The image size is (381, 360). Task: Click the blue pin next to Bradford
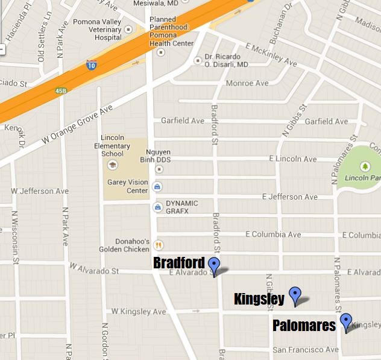coord(214,265)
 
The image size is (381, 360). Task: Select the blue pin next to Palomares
coord(345,321)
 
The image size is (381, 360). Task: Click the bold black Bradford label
coord(179,264)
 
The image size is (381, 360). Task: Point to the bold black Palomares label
coord(304,326)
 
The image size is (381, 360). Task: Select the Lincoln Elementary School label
coord(116,145)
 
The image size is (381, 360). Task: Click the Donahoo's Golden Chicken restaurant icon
coord(159,245)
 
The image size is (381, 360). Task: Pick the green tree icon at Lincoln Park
coord(364,166)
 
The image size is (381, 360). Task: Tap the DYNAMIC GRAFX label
coord(181,207)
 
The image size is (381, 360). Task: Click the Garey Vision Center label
coord(127,186)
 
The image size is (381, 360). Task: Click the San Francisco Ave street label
coord(306,350)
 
